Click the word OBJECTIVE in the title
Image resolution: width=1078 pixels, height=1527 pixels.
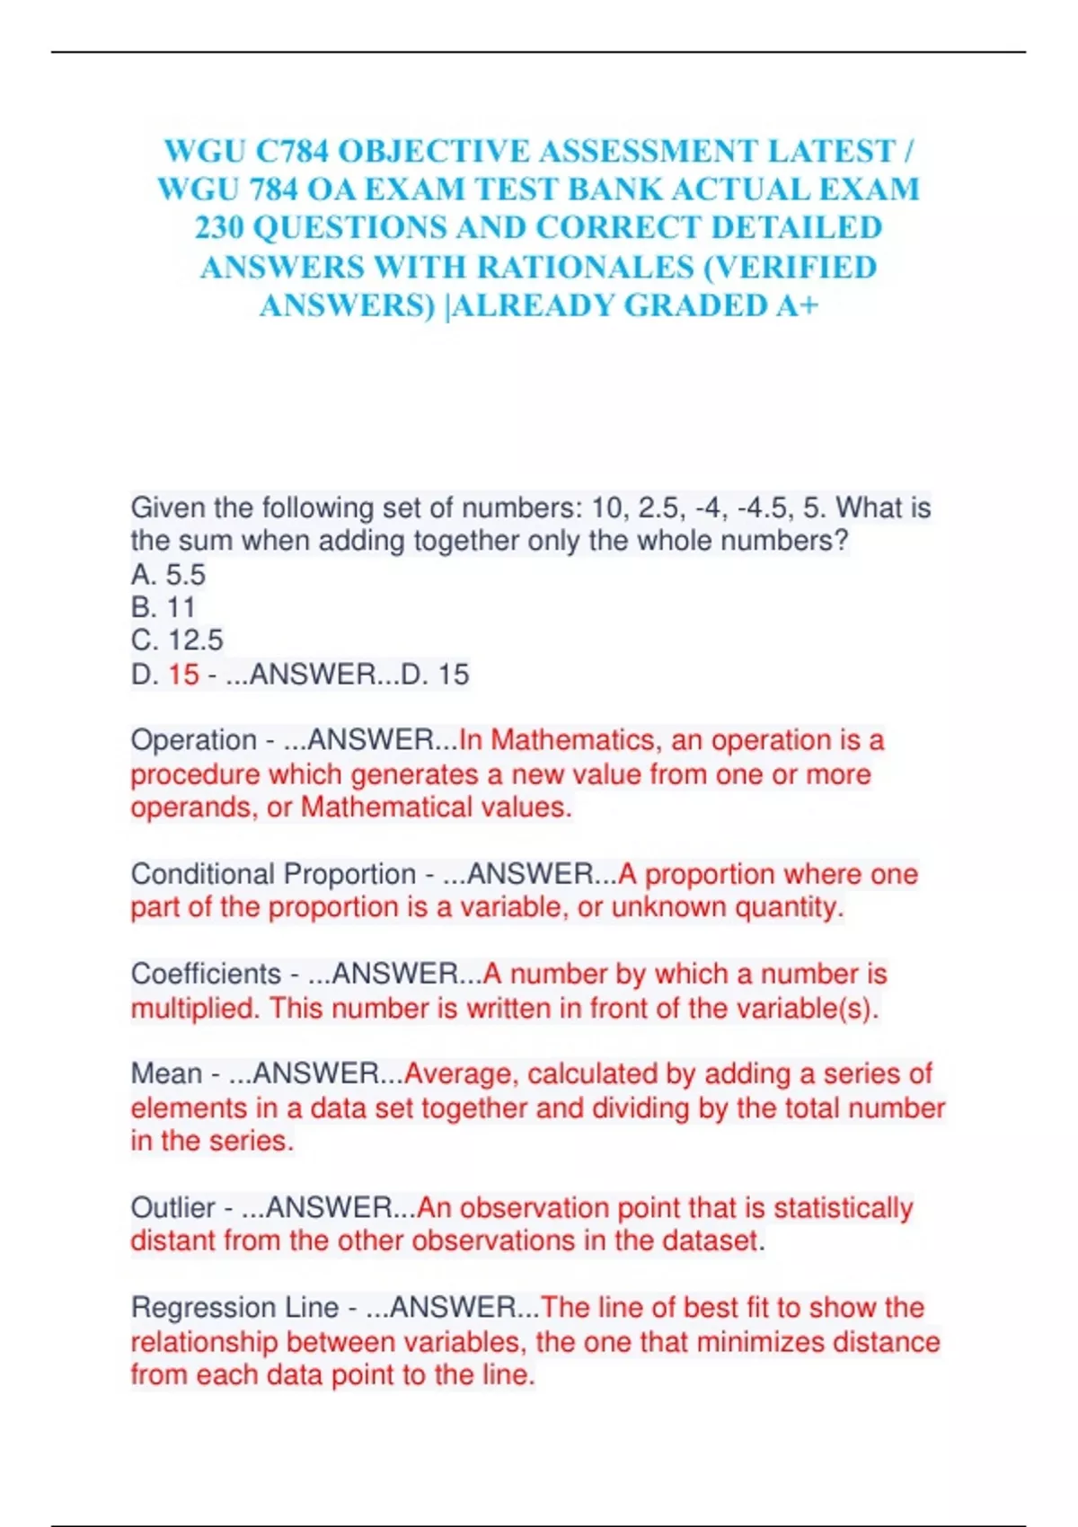[432, 151]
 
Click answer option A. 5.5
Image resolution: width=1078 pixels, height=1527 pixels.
[168, 574]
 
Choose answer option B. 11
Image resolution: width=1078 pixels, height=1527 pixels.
[163, 607]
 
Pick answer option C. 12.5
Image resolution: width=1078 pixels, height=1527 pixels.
[177, 640]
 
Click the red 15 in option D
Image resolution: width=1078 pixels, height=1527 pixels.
[183, 675]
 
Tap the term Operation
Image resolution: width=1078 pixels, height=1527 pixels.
[194, 741]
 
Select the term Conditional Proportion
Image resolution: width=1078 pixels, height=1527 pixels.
[273, 874]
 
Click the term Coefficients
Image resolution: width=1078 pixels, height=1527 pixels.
[206, 975]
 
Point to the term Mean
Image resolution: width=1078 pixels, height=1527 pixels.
[166, 1074]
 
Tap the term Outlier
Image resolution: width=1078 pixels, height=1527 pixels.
[173, 1208]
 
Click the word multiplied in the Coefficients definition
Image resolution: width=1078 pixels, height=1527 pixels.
[195, 1009]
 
